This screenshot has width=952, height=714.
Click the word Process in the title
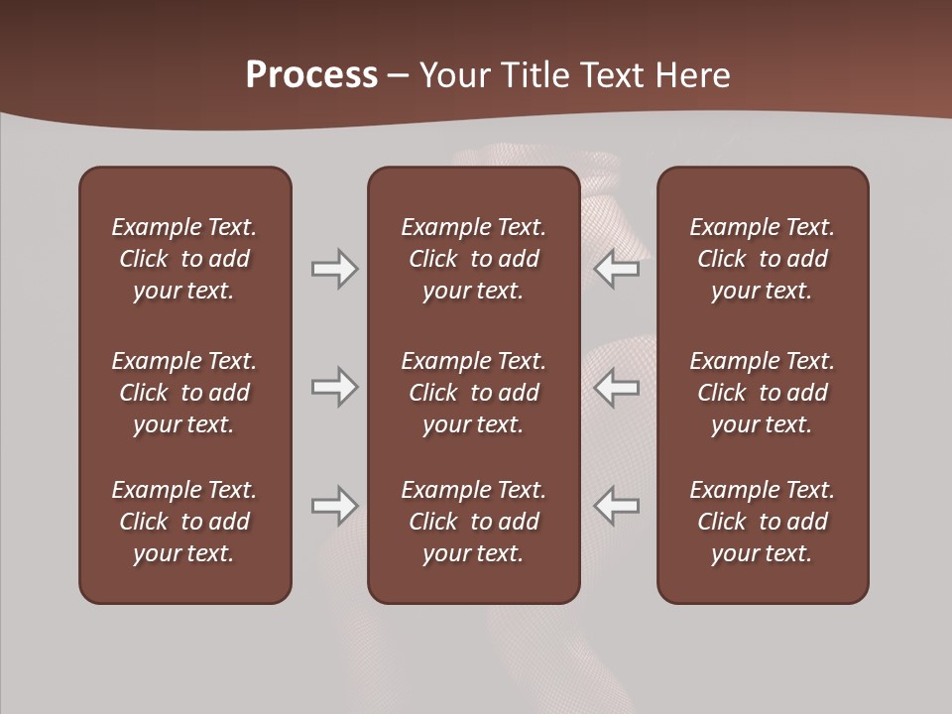click(x=311, y=75)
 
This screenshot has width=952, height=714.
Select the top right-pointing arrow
click(x=334, y=269)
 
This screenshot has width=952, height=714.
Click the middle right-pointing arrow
click(x=334, y=387)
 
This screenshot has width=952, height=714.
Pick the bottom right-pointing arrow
click(x=334, y=506)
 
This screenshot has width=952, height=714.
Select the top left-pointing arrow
click(x=617, y=269)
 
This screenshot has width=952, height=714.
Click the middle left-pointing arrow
click(x=617, y=387)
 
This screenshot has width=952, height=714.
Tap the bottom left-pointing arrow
click(x=617, y=506)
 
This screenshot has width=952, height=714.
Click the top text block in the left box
click(x=184, y=259)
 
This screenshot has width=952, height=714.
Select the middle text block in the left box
click(x=184, y=393)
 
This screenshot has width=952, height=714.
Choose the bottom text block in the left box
click(x=184, y=522)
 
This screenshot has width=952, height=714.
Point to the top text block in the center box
click(x=473, y=259)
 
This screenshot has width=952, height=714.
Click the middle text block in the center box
click(x=473, y=393)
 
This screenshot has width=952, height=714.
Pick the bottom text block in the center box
click(x=473, y=522)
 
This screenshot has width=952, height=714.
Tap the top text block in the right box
click(x=762, y=259)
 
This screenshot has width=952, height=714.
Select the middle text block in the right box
click(x=762, y=393)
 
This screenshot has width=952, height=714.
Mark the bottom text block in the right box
click(x=762, y=522)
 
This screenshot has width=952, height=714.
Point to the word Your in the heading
click(x=452, y=75)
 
